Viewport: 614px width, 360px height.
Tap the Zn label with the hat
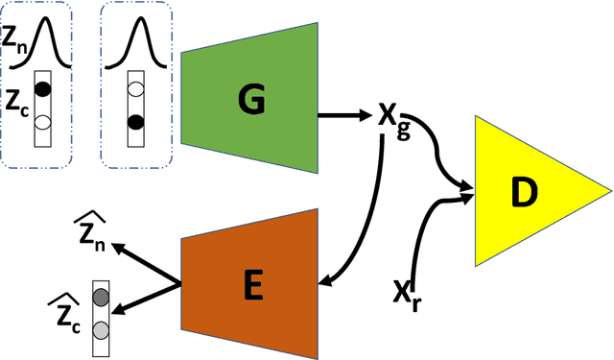click(x=92, y=232)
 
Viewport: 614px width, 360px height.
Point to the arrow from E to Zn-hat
click(x=146, y=264)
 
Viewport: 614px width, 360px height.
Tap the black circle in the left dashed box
click(x=41, y=89)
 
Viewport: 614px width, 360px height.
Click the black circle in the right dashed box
click(x=135, y=122)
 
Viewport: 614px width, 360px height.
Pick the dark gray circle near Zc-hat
click(x=100, y=298)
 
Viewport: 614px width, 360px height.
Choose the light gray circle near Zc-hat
click(x=100, y=330)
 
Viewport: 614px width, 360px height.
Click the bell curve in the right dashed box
click(x=137, y=43)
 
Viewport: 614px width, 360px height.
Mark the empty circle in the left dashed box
click(x=41, y=123)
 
